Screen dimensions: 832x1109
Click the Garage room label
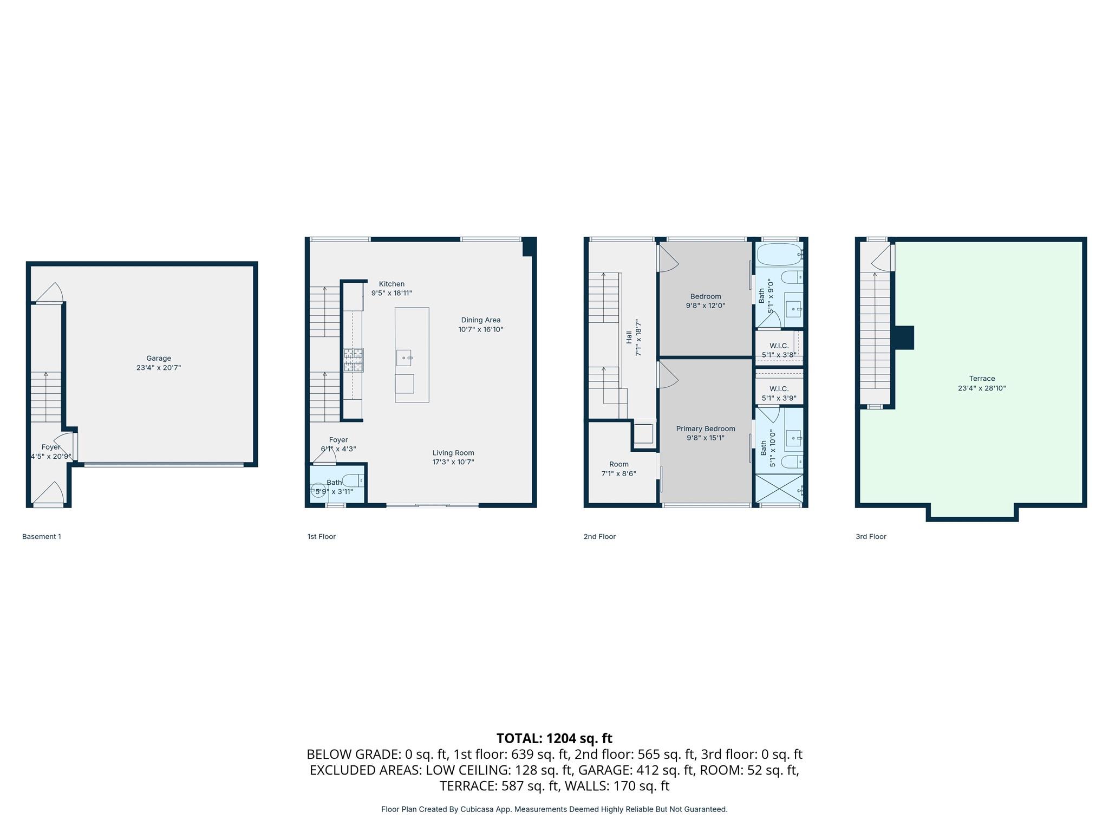point(158,358)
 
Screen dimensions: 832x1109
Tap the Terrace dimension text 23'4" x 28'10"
point(981,388)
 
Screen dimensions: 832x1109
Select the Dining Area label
point(480,320)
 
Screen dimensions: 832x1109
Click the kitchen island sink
point(404,357)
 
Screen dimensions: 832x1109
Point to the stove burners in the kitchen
point(353,360)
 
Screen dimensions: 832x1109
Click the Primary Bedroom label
point(705,428)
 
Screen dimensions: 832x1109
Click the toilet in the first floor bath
point(353,480)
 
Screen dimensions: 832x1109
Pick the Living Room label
point(453,453)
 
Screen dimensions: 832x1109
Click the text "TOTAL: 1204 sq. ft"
point(554,738)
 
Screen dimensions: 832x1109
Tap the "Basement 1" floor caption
point(42,536)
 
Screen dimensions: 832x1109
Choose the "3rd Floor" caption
point(871,536)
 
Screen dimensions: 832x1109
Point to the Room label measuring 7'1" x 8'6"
point(618,464)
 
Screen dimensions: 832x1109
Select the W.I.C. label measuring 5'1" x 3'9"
point(779,389)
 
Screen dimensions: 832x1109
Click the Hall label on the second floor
point(629,337)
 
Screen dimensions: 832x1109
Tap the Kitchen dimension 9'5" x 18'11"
point(391,293)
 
